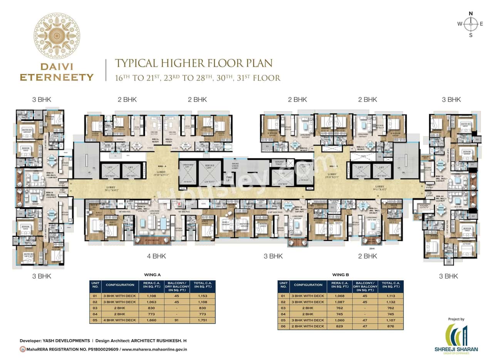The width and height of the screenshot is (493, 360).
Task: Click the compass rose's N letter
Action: tap(470, 13)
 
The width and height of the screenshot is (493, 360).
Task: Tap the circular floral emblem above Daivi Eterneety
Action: tap(57, 35)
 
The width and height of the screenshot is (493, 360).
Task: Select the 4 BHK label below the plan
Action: tap(156, 256)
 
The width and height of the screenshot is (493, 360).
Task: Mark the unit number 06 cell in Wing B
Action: tap(283, 326)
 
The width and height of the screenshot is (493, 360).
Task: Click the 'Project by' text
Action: tap(456, 319)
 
